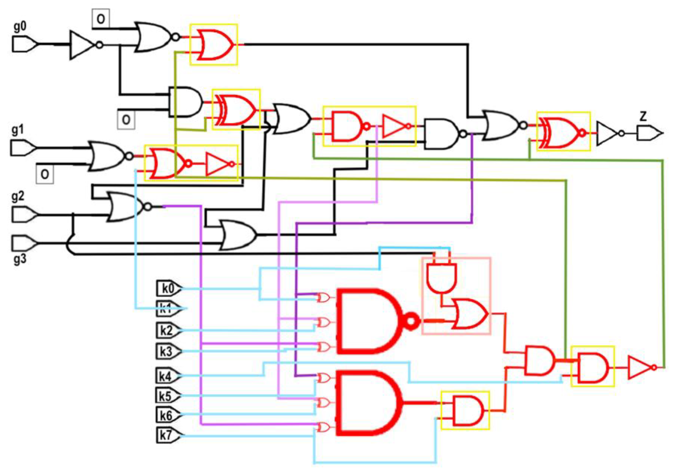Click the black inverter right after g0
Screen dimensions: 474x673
[x=83, y=45]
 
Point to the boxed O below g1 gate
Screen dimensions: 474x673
[x=45, y=174]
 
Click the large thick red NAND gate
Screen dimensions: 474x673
[x=371, y=321]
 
